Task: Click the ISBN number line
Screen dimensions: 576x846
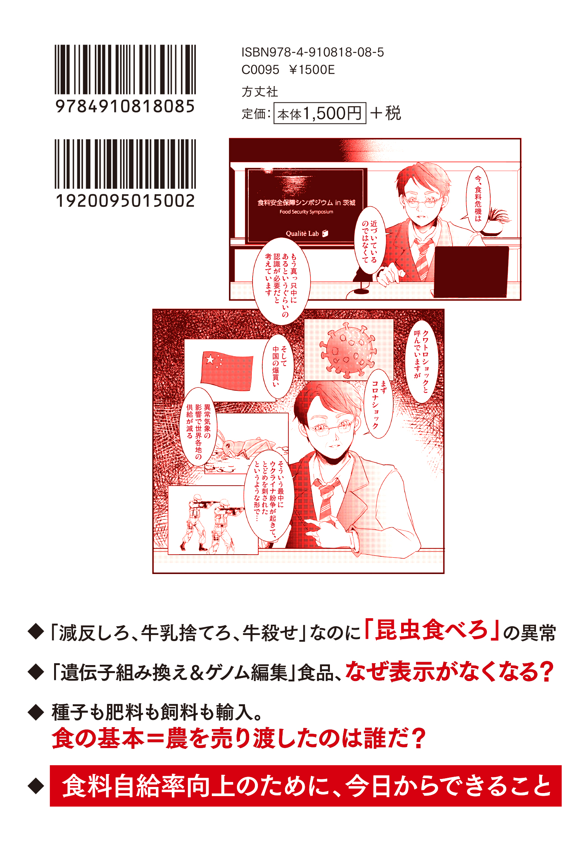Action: pos(313,52)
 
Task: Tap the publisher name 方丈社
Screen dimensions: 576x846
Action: pos(260,91)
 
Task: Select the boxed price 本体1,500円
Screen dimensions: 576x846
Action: pos(320,113)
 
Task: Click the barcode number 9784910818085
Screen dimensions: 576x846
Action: pos(125,106)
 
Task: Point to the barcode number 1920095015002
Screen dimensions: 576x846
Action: pos(125,201)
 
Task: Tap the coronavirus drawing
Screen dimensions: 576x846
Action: pos(348,350)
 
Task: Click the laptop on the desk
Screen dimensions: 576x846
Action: pos(471,272)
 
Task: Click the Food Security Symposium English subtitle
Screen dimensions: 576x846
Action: pos(306,212)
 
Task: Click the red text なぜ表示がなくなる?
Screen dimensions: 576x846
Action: pos(450,672)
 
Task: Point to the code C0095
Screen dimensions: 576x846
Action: pos(261,70)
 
